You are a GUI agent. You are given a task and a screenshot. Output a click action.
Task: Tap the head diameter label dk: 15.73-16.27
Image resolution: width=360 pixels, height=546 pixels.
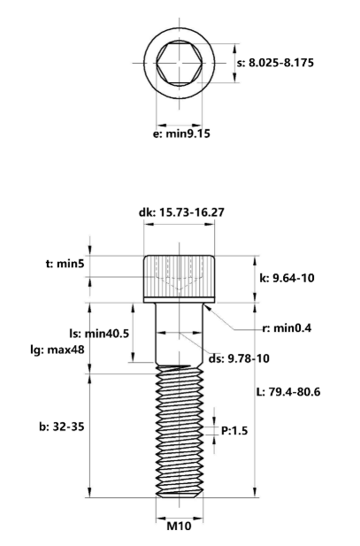[180, 212]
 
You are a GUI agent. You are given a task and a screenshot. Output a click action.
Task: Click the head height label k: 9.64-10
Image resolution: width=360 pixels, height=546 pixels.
[285, 277]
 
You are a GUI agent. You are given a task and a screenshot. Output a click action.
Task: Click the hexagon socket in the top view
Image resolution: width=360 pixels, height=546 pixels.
[180, 63]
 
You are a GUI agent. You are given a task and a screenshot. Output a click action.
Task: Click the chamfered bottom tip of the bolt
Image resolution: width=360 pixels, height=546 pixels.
[180, 493]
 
